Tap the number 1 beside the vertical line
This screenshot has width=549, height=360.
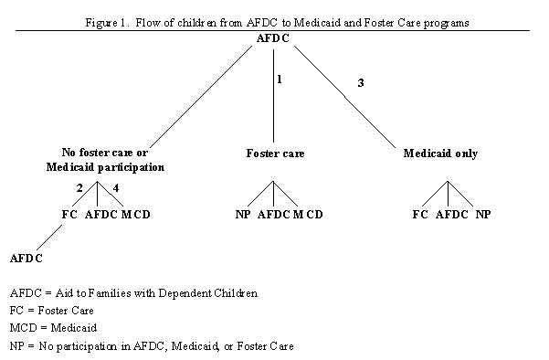[280, 80]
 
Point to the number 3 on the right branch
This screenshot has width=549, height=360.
[360, 84]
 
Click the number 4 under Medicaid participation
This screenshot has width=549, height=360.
[115, 189]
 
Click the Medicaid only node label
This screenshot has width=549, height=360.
[440, 154]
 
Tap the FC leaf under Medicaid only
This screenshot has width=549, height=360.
[420, 216]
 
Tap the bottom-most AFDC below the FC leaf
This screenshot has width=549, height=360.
[27, 259]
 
